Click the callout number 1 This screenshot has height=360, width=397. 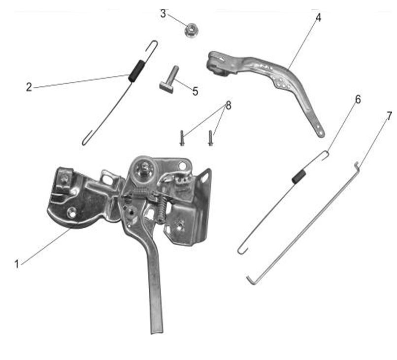click(17, 264)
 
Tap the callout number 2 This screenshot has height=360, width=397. click(29, 87)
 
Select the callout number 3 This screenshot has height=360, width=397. click(163, 13)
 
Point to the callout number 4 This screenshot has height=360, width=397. click(318, 17)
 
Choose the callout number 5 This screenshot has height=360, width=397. click(195, 91)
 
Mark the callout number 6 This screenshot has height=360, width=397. click(358, 100)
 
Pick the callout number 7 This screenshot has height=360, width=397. click(390, 115)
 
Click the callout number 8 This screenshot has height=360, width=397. click(229, 106)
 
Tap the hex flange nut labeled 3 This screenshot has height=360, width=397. click(191, 30)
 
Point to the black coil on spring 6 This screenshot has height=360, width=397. click(299, 176)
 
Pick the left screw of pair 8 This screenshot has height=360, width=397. click(182, 138)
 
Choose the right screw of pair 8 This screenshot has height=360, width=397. click(210, 138)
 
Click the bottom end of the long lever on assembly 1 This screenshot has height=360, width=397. click(157, 330)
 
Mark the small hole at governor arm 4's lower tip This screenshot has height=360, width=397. click(321, 133)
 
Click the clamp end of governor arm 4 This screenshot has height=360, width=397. click(217, 63)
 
